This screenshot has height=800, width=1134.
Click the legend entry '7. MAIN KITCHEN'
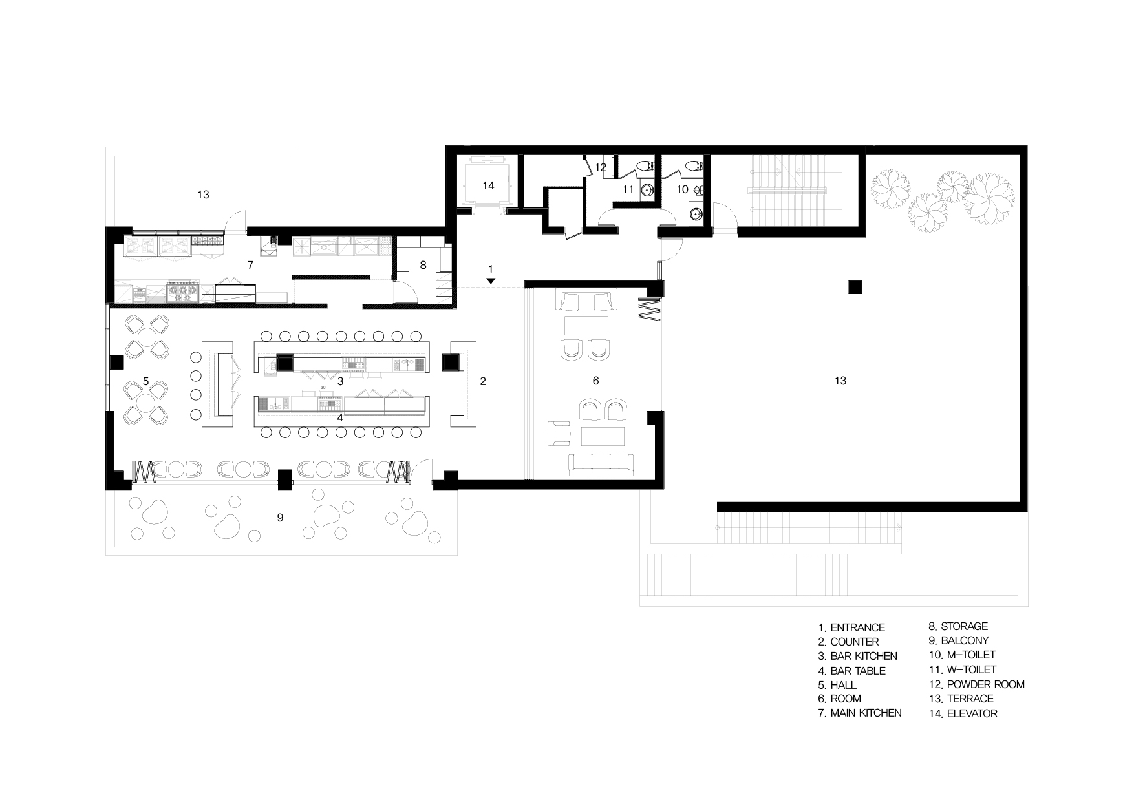(860, 713)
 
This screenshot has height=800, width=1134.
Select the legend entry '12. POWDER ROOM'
(976, 684)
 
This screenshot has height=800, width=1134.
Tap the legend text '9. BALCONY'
(958, 641)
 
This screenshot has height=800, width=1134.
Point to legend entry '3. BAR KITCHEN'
(857, 656)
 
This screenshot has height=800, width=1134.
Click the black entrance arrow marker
(491, 281)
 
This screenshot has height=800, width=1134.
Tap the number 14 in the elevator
(488, 185)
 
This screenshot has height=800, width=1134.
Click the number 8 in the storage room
(423, 265)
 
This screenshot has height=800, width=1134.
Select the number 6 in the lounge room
(595, 381)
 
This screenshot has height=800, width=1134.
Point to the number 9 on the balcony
(280, 518)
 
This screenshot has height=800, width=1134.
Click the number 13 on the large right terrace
(840, 381)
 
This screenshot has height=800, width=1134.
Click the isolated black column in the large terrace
(855, 287)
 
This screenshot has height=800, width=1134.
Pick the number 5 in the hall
(146, 381)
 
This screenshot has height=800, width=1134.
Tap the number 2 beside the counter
(483, 381)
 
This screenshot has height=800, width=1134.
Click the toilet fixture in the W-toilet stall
(644, 167)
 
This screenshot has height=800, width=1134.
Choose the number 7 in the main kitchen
(250, 265)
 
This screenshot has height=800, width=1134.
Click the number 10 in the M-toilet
(683, 190)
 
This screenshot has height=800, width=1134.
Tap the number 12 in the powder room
(601, 167)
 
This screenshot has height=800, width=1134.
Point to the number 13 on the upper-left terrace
(203, 195)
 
